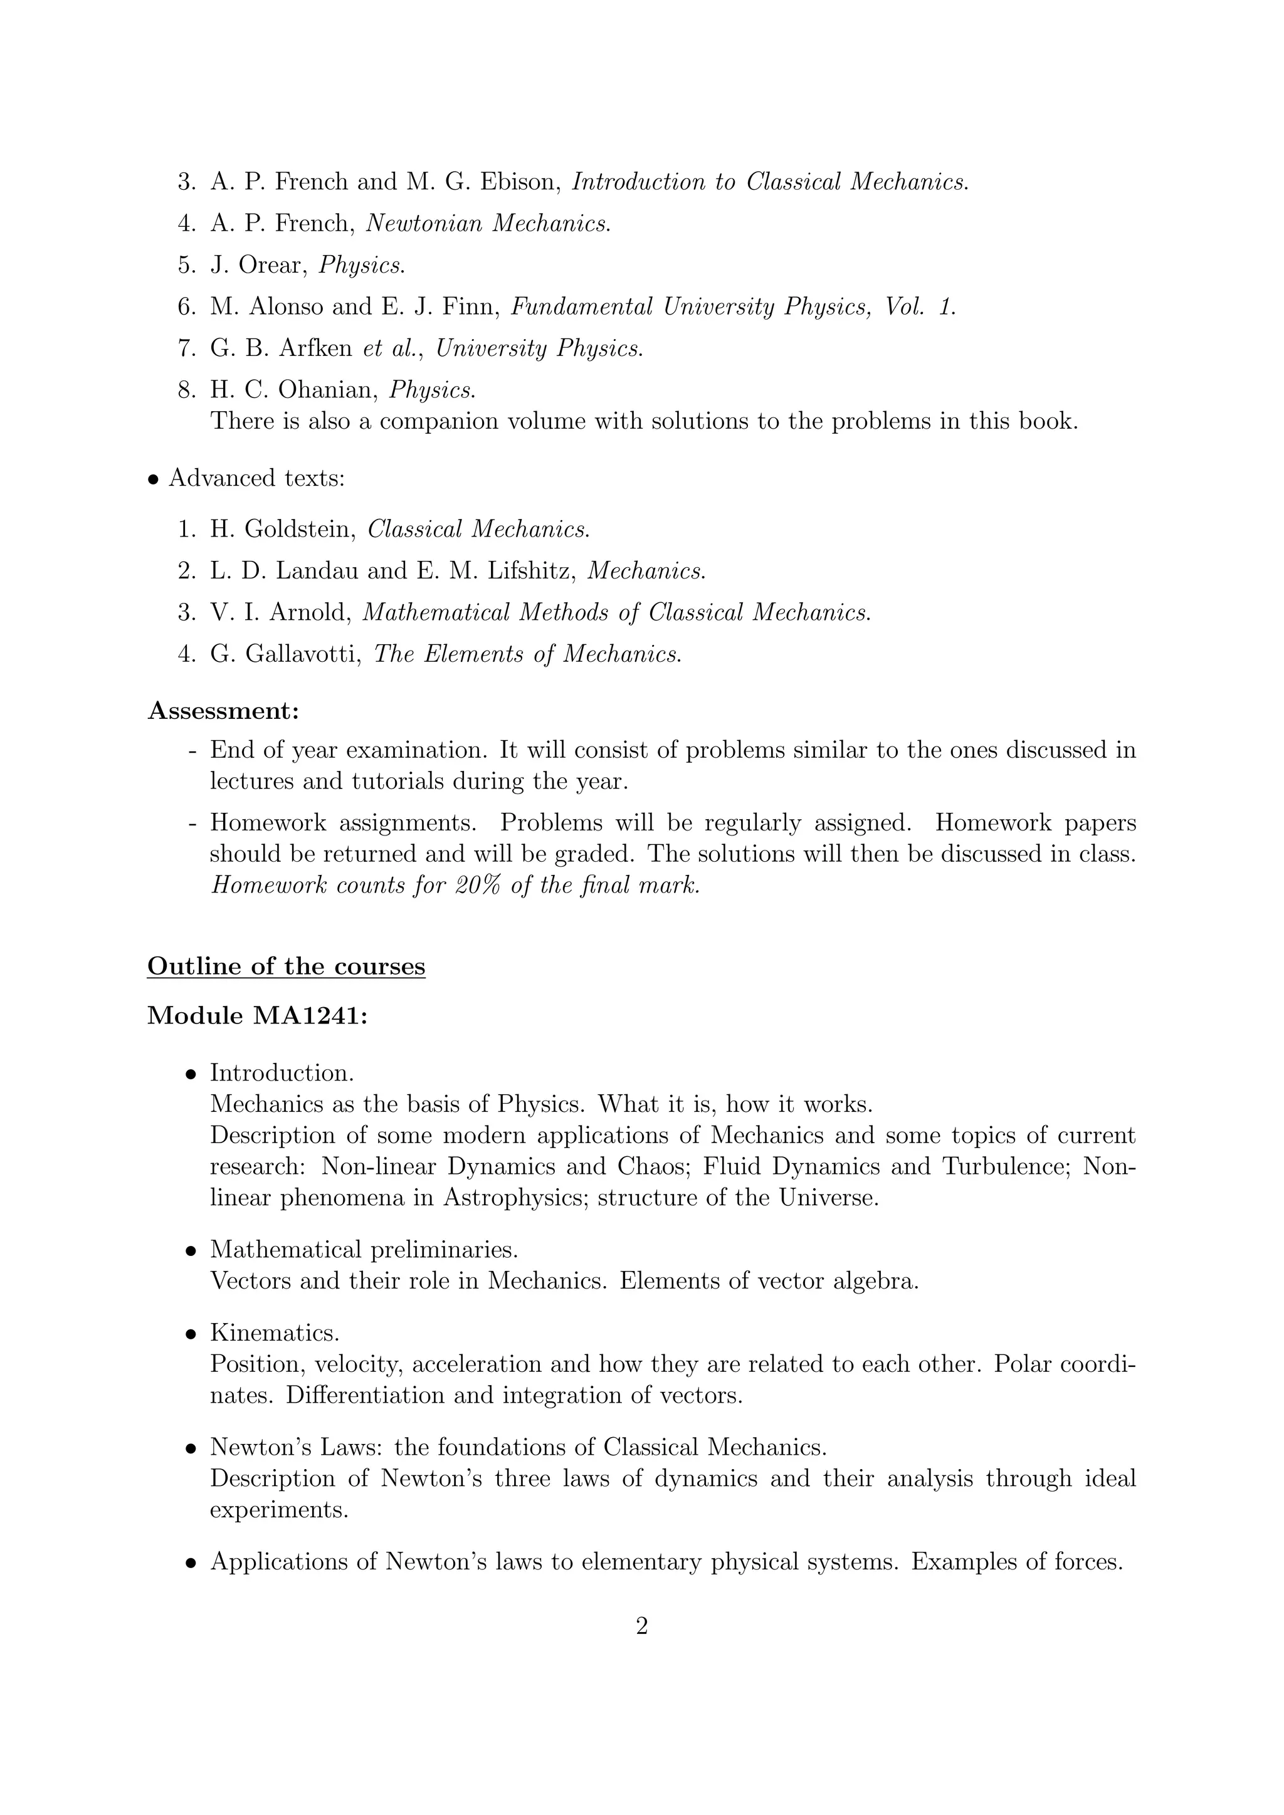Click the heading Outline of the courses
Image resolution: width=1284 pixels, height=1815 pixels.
tap(287, 966)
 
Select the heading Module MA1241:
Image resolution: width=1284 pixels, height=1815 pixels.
tap(258, 1016)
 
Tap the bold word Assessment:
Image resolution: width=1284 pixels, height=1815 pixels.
tap(224, 711)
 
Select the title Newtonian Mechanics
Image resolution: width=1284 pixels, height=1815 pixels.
tap(488, 224)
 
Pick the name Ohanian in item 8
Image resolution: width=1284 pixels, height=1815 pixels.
tap(324, 390)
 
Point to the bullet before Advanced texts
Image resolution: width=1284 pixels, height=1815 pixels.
tap(154, 480)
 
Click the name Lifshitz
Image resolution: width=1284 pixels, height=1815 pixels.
tap(530, 571)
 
